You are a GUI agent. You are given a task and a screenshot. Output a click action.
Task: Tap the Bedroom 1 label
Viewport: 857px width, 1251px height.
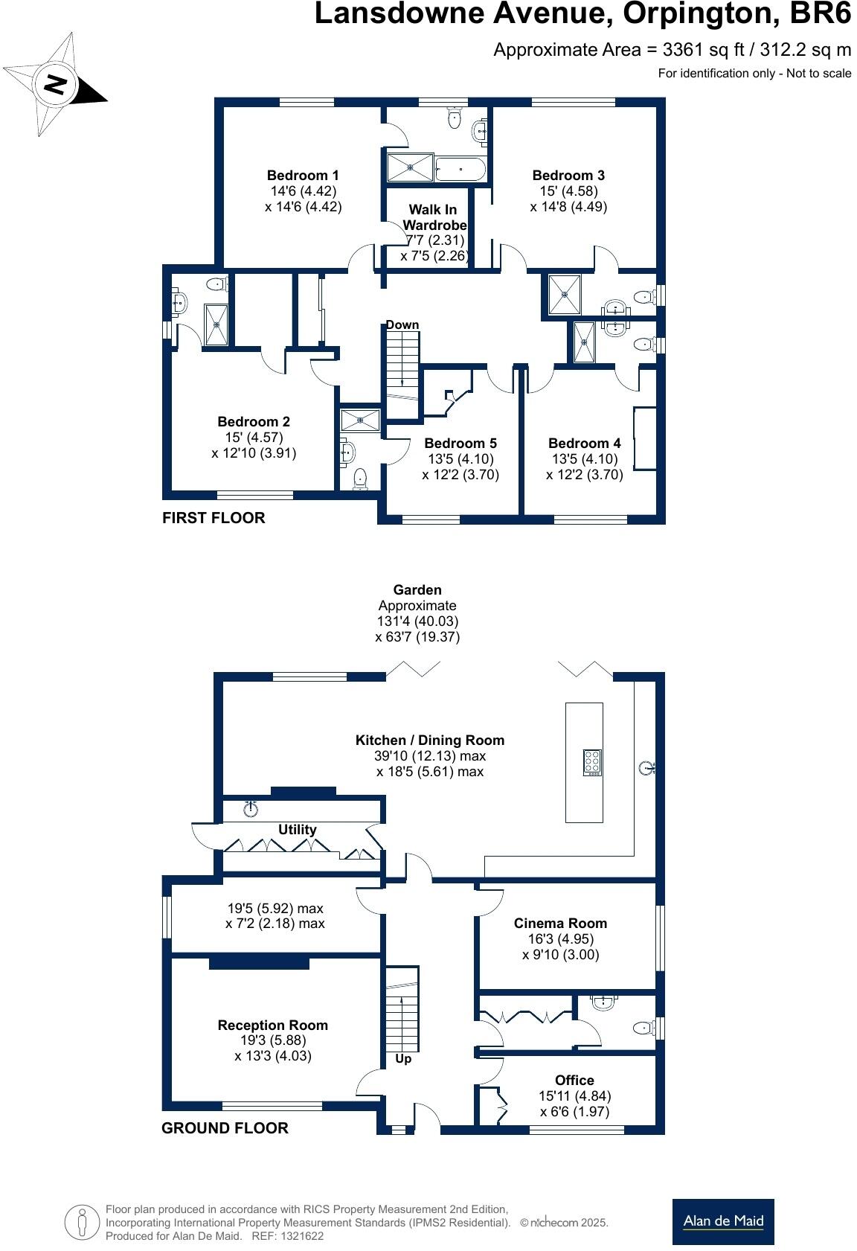(303, 176)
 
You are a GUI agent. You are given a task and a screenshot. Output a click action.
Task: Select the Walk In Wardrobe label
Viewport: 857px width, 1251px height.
(434, 217)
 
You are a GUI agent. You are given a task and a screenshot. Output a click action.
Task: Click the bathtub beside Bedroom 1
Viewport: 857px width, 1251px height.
(460, 169)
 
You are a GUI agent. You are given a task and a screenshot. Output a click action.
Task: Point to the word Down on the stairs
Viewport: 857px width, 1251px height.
(402, 325)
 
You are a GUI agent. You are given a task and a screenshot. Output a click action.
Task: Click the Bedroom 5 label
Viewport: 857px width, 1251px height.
(460, 444)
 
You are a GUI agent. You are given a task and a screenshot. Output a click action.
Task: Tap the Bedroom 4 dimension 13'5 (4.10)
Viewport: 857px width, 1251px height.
(584, 459)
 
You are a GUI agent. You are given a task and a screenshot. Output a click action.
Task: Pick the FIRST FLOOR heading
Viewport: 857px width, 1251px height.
(214, 518)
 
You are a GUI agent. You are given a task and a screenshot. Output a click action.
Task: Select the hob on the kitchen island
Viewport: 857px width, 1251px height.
(592, 763)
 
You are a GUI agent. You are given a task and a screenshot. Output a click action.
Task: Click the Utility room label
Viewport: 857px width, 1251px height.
(298, 830)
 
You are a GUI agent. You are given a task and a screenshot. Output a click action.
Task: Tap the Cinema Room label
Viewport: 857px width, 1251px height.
(560, 924)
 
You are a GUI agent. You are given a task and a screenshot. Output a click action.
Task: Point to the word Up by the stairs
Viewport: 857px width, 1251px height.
(403, 1059)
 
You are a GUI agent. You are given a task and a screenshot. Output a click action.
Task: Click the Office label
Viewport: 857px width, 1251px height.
(574, 1081)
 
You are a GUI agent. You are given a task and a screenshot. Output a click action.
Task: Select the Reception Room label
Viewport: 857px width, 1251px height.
(272, 1026)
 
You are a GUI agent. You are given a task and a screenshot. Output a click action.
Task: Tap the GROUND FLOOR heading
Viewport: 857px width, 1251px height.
(225, 1128)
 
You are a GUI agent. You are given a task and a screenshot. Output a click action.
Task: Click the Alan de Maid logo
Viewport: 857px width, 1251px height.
(723, 1221)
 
